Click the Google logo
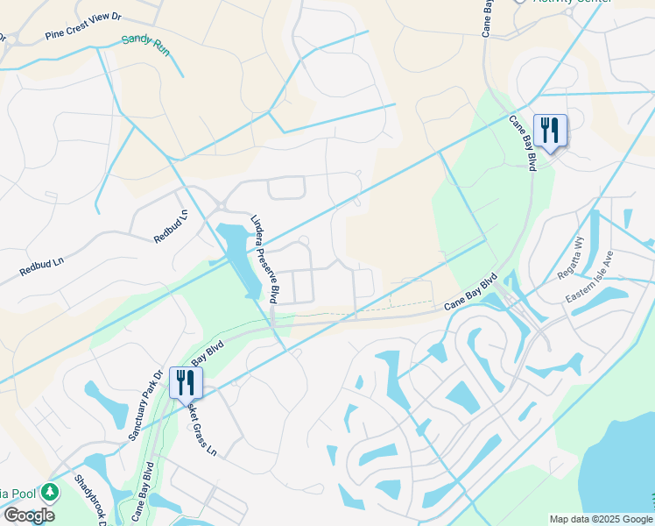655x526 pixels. tap(29, 515)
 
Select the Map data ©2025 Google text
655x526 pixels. tap(601, 519)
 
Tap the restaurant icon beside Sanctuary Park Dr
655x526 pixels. tap(185, 382)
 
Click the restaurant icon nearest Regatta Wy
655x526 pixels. tap(550, 131)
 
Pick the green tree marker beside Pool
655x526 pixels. tap(51, 492)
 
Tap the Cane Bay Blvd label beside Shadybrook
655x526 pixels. tap(141, 496)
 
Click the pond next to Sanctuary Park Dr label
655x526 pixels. tap(111, 404)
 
